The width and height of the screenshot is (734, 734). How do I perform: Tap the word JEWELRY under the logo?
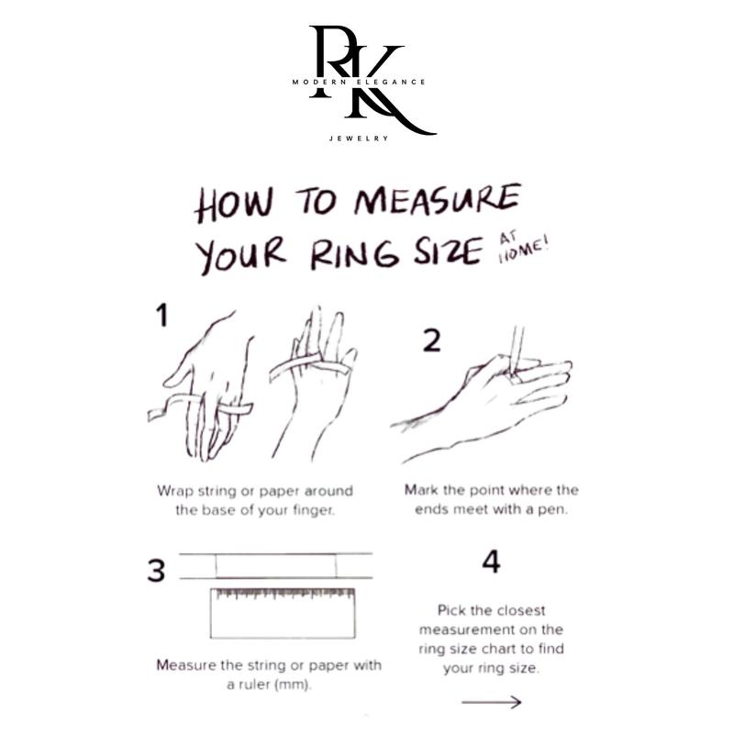point(359,139)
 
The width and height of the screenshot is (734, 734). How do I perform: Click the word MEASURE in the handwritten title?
point(438,200)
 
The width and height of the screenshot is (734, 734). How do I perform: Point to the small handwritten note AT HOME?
point(522,247)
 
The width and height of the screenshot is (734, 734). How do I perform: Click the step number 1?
point(162,315)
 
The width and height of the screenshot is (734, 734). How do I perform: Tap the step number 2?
point(431,340)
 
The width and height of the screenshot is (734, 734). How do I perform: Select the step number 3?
point(156,571)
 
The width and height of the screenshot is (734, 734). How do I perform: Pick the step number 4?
point(491,562)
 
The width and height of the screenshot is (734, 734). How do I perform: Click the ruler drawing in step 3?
point(283,613)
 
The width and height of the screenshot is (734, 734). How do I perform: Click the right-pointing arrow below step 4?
point(491,702)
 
